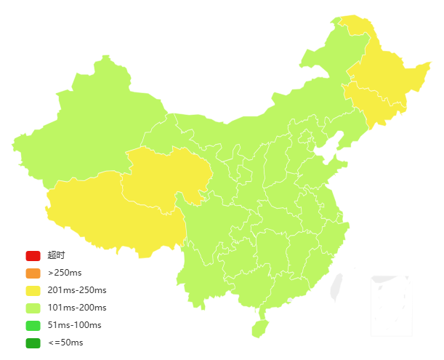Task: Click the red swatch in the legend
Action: [33, 255]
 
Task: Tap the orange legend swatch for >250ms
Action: [33, 273]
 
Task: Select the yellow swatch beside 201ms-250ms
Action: [33, 290]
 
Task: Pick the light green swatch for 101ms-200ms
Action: [33, 308]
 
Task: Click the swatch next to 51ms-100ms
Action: [33, 325]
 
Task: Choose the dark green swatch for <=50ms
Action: [33, 343]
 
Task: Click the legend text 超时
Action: [56, 255]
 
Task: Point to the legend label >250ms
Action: [65, 273]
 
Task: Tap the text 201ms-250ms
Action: [77, 290]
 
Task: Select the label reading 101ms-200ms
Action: [77, 308]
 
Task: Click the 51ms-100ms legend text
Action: [74, 325]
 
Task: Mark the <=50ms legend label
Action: [65, 343]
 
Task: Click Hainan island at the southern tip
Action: [259, 328]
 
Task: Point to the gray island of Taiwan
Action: [336, 286]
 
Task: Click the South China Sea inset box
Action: [391, 305]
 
